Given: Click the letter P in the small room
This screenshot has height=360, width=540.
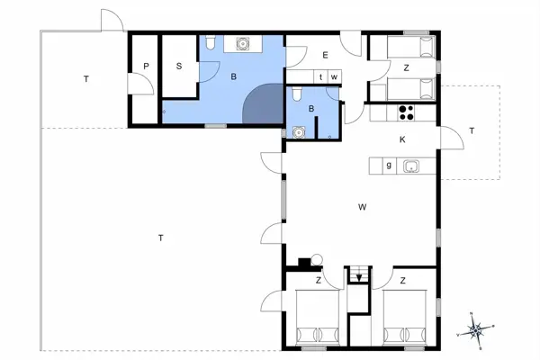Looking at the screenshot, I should pos(145,66).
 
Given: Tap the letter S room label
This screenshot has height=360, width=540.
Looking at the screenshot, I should pos(179,66).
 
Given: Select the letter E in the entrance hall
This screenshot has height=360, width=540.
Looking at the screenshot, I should pos(325,55).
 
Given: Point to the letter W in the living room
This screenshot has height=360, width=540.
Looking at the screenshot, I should pos(362,207).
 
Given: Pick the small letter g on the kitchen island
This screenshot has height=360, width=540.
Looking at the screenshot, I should pos(388,165).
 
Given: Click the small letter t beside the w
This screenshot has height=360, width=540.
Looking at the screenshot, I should pos(321,76).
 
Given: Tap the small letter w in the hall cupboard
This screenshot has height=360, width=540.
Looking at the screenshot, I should pos(334,76).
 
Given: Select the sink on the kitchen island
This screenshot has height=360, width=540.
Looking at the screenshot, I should pos(412,165).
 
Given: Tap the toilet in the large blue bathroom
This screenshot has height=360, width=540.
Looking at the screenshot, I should pos(210,44).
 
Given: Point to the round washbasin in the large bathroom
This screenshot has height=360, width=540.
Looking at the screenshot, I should pos(242,43).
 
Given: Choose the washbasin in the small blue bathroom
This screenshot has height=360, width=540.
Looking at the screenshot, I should pos(298,130).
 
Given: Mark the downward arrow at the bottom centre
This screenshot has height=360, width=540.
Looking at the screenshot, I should pos(359,278).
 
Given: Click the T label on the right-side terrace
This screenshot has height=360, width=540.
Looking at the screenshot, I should pos(471,131).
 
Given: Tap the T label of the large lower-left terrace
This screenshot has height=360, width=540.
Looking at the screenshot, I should pos(160,238).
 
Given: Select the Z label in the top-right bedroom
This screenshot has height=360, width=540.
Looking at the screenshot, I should pos(406,67).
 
